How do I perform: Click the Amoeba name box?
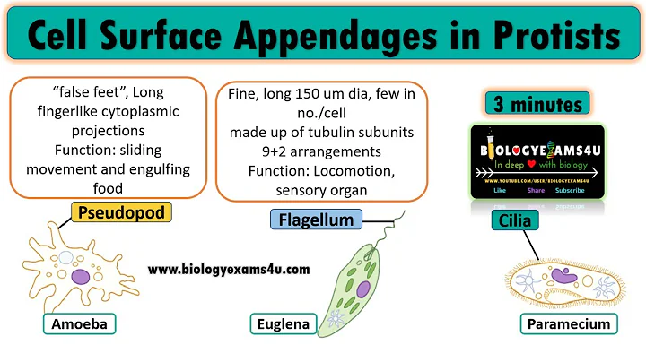click(66, 323)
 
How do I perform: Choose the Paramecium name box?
click(569, 323)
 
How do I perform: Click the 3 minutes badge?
click(534, 104)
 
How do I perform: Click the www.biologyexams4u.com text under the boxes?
click(229, 268)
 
